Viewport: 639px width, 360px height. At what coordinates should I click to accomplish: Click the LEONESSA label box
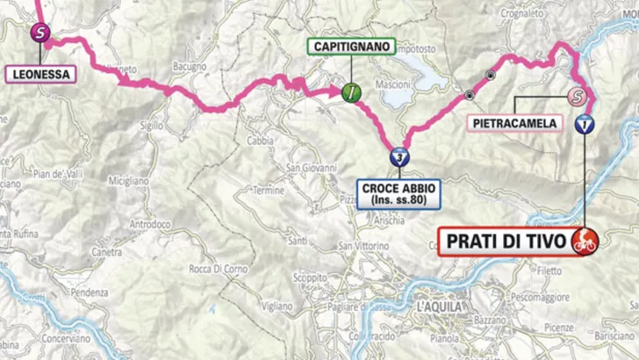coord(40,74)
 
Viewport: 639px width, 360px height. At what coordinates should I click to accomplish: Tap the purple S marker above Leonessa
coord(39,33)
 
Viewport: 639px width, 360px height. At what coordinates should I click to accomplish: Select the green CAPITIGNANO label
coord(350,47)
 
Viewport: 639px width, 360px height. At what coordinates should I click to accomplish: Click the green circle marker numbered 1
coord(350,91)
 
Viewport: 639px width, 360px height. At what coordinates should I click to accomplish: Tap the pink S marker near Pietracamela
coord(576,96)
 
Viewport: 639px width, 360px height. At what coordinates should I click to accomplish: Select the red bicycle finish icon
coord(584,238)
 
